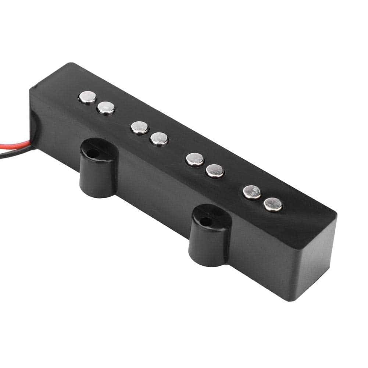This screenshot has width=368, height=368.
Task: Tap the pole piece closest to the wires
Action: click(87, 97)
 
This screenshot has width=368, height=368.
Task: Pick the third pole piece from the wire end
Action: click(140, 127)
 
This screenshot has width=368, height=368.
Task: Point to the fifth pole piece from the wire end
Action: click(195, 159)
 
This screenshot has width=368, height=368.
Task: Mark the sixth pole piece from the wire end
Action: click(215, 170)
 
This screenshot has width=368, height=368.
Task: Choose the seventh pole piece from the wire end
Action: click(252, 192)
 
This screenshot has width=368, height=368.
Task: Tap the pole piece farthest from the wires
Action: click(273, 204)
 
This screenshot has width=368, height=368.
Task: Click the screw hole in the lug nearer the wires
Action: click(94, 153)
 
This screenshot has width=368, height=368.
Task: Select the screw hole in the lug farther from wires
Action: click(206, 222)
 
